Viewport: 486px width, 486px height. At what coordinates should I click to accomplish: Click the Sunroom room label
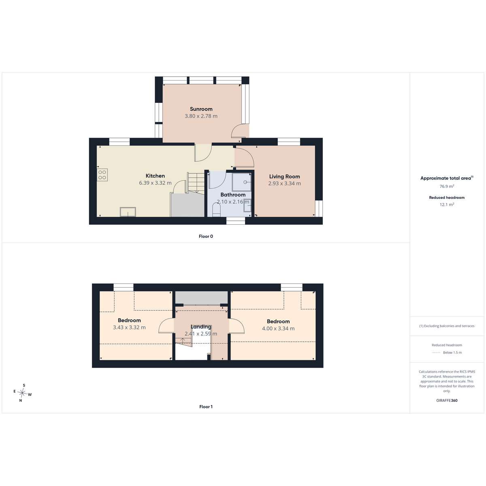pyautogui.click(x=201, y=109)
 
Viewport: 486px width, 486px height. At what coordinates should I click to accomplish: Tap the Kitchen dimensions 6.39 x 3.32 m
pyautogui.click(x=155, y=183)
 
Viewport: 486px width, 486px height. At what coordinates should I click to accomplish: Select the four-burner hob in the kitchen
pyautogui.click(x=102, y=175)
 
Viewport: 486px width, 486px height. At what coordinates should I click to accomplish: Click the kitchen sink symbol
pyautogui.click(x=128, y=212)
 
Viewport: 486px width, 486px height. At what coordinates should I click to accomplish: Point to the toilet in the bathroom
pyautogui.click(x=216, y=210)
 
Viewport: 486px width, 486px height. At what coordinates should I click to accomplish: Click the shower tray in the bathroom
pyautogui.click(x=242, y=182)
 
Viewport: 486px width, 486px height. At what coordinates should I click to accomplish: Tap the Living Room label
pyautogui.click(x=284, y=177)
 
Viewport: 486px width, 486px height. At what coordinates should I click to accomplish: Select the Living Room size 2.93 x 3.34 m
pyautogui.click(x=284, y=183)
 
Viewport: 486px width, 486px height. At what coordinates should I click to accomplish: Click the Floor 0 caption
pyautogui.click(x=206, y=236)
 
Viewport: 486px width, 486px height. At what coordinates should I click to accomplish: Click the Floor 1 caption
pyautogui.click(x=206, y=407)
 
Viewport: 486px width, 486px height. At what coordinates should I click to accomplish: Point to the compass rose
pyautogui.click(x=22, y=393)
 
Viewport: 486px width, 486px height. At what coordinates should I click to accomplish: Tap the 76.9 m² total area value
pyautogui.click(x=447, y=186)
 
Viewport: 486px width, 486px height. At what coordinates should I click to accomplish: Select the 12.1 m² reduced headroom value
pyautogui.click(x=447, y=205)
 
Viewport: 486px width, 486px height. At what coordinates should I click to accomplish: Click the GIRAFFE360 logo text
pyautogui.click(x=447, y=400)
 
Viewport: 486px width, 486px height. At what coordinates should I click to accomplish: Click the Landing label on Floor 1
pyautogui.click(x=201, y=327)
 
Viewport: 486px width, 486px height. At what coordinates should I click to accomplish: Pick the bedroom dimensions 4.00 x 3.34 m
pyautogui.click(x=278, y=328)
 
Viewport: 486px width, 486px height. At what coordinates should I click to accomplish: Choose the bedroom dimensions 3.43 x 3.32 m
pyautogui.click(x=129, y=327)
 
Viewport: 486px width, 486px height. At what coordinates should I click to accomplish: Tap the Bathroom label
pyautogui.click(x=233, y=195)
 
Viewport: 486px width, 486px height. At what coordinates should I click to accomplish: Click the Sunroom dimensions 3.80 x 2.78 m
pyautogui.click(x=201, y=116)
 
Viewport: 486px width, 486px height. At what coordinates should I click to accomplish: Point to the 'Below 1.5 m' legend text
pyautogui.click(x=452, y=353)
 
